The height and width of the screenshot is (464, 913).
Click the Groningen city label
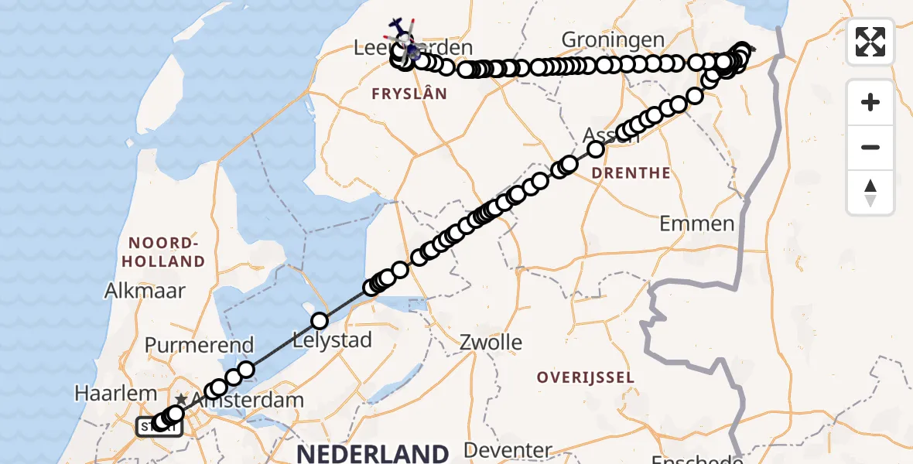click(613, 39)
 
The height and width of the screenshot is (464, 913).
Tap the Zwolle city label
click(491, 342)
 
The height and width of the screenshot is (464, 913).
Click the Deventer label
click(508, 450)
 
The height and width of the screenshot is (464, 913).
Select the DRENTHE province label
click(631, 173)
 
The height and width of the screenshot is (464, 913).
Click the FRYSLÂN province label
click(410, 94)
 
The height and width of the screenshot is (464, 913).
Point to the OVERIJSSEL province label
click(586, 377)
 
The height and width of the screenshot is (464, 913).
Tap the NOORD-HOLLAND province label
click(162, 252)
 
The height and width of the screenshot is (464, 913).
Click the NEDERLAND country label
click(372, 453)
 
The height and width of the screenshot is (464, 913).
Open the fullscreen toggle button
click(870, 42)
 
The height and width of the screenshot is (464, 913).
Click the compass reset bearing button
click(870, 193)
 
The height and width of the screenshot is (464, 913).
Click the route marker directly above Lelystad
click(320, 320)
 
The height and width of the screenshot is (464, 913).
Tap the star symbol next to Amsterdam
click(180, 398)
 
